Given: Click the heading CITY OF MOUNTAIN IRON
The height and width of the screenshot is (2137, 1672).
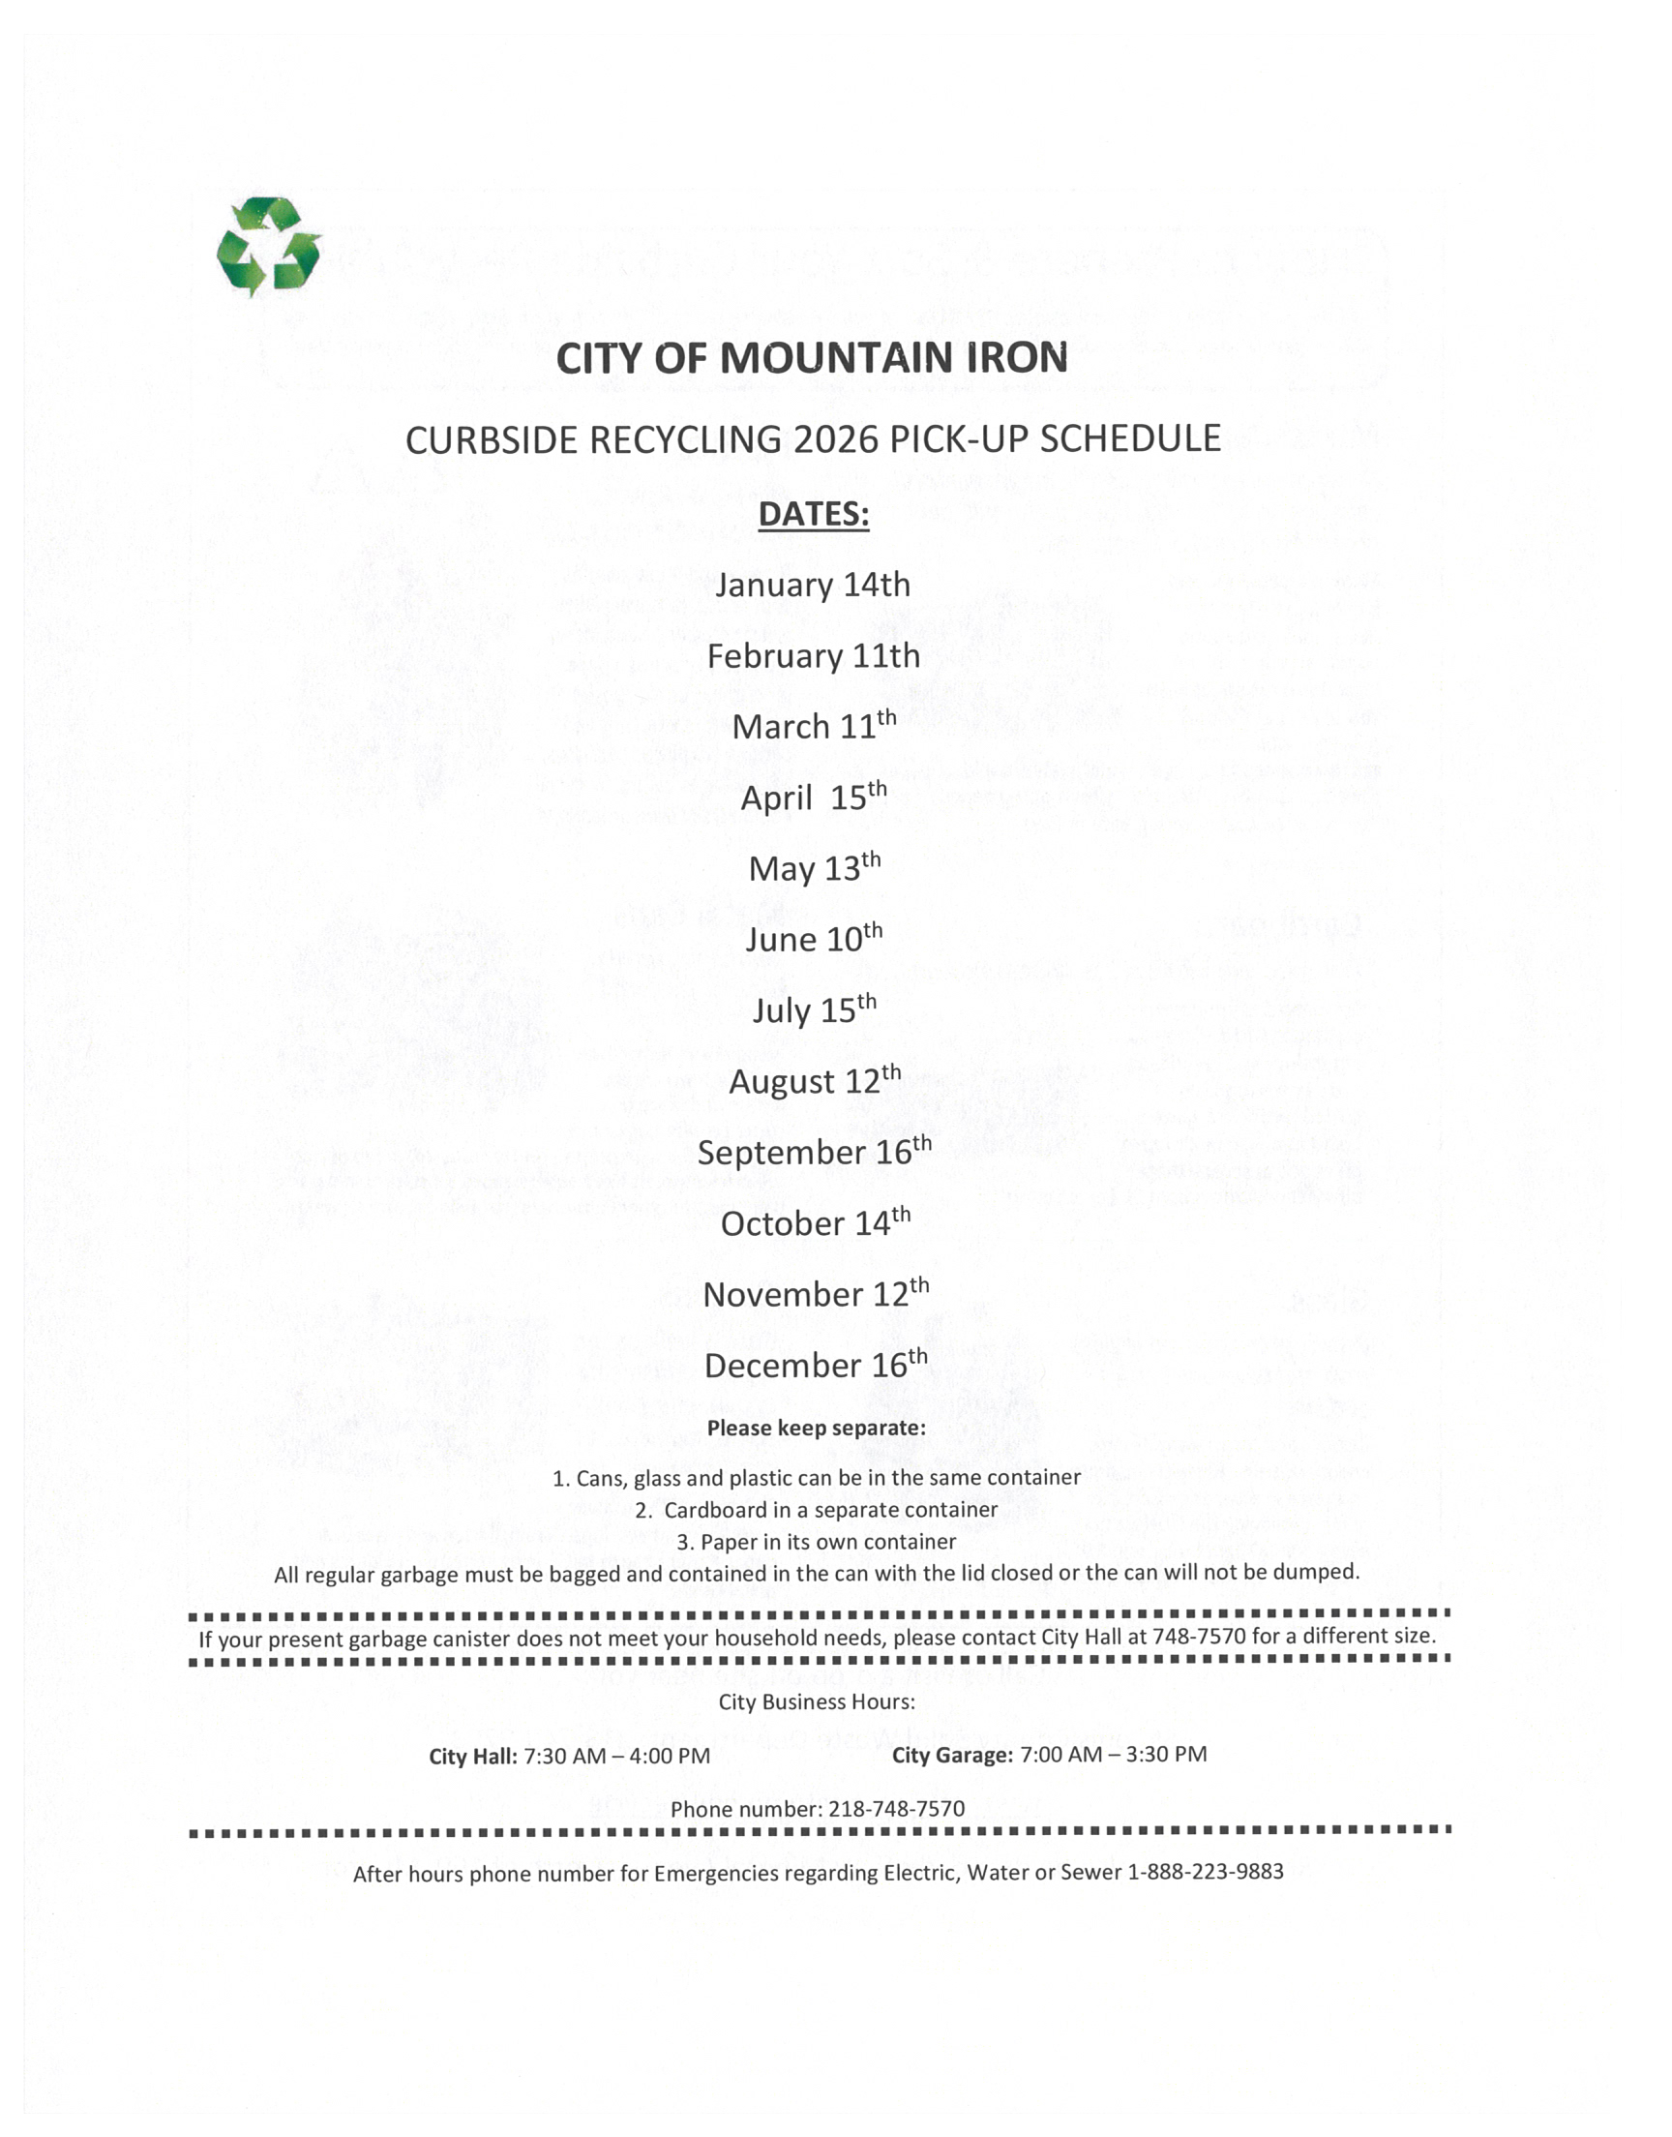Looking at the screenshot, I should point(812,358).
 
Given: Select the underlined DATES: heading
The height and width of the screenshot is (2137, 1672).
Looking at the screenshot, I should point(814,514).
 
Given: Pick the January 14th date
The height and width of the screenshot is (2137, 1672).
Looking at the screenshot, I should point(813,585).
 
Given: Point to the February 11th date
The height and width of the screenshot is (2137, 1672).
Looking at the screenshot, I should point(814,656).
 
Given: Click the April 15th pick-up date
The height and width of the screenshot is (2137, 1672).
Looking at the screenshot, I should point(814,797).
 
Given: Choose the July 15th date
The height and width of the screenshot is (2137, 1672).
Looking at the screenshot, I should point(814,1009).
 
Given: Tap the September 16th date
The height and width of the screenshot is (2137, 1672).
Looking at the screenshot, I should point(814,1151).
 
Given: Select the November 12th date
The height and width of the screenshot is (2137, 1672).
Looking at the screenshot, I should point(816,1293).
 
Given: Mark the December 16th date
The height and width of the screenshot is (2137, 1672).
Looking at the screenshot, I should point(816,1364).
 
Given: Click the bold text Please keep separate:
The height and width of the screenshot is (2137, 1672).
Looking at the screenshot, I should point(817,1429).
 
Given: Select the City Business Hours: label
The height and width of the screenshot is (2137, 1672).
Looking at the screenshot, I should point(817,1702).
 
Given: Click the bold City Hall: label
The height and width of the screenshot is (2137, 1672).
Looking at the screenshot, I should point(473,1757).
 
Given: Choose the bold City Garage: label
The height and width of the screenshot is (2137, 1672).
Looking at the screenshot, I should point(951,1756).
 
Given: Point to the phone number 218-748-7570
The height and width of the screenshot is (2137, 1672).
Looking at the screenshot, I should point(896,1809).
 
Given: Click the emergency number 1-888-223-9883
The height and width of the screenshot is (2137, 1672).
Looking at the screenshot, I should point(1205,1872).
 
